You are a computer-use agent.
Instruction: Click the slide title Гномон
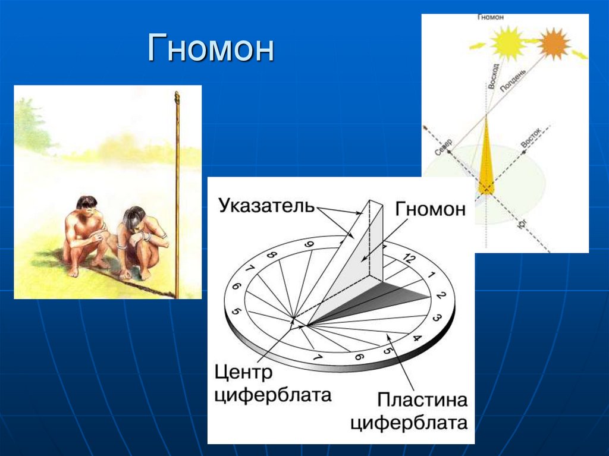click(211, 49)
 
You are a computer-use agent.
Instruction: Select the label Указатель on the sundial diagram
click(266, 206)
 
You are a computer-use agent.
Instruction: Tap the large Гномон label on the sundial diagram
click(430, 209)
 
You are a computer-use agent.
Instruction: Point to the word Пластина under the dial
click(423, 400)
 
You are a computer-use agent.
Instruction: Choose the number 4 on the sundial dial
click(417, 339)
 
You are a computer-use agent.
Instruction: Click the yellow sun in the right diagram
click(507, 43)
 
